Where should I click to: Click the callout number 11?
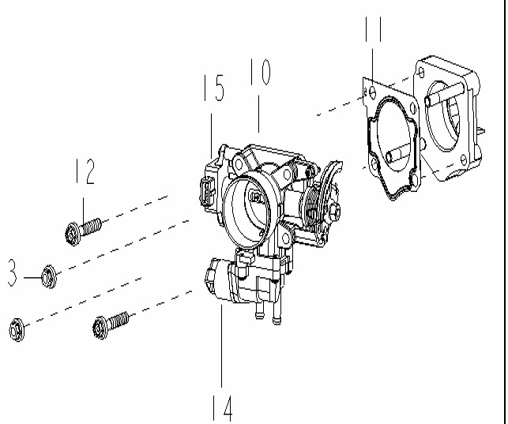pyautogui.click(x=373, y=29)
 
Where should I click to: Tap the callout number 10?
pyautogui.click(x=260, y=72)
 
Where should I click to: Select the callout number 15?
pyautogui.click(x=214, y=88)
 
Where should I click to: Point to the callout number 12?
pyautogui.click(x=85, y=171)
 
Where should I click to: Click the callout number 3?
pyautogui.click(x=12, y=272)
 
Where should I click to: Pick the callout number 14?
pyautogui.click(x=223, y=408)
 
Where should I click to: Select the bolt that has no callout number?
pyautogui.click(x=111, y=325)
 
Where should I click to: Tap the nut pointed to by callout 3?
pyautogui.click(x=49, y=276)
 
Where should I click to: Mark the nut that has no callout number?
pyautogui.click(x=17, y=330)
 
